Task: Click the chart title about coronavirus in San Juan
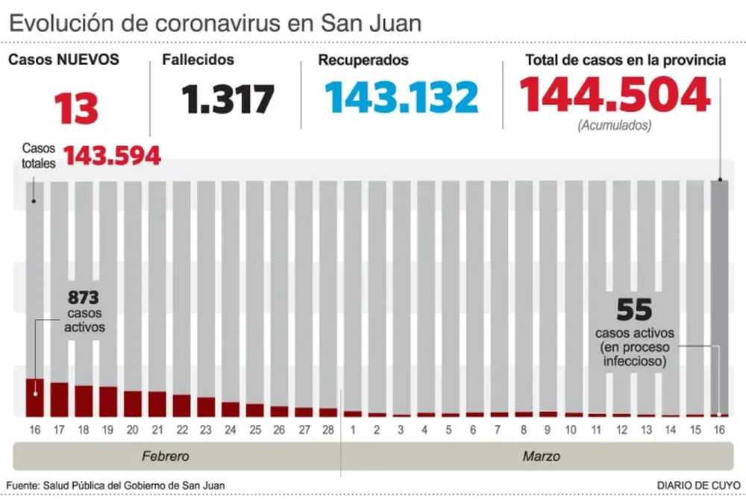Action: coord(215,22)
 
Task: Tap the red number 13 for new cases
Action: coord(75,108)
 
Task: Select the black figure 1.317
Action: coord(228,99)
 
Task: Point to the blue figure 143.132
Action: coord(401,98)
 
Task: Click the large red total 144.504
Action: coord(614,96)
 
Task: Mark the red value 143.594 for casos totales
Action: coord(112,155)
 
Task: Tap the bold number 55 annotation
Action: coord(634,309)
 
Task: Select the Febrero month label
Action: coord(166,456)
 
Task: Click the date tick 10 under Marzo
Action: coord(571,430)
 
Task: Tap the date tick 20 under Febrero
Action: coord(133,430)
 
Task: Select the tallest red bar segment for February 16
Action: coord(35,397)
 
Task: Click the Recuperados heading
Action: coord(363,60)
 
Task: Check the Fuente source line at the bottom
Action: coord(116,486)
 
